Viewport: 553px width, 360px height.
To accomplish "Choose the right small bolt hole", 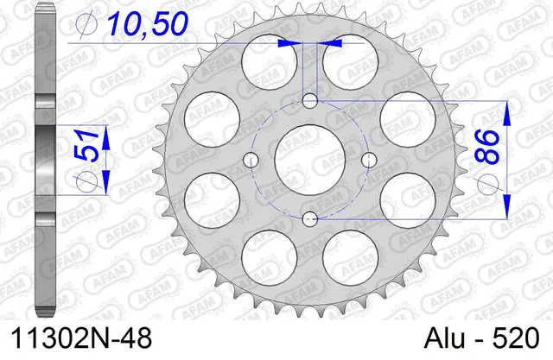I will click(x=369, y=159).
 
